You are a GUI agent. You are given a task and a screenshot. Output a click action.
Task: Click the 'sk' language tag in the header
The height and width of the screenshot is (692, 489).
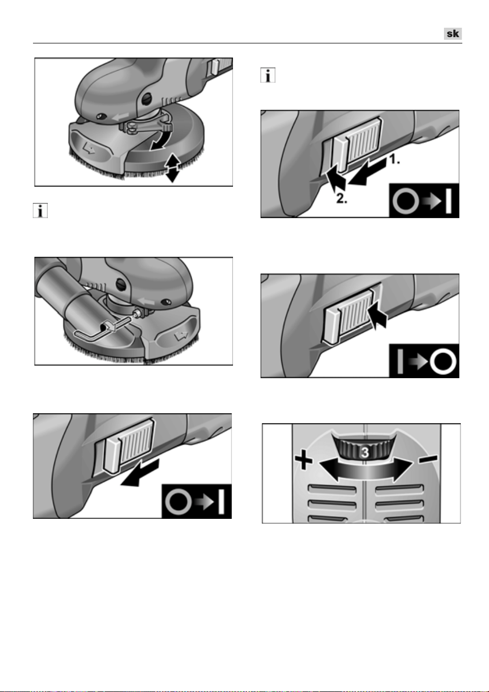pyautogui.click(x=453, y=33)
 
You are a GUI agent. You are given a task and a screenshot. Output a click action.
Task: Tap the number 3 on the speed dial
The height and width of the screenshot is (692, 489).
pyautogui.click(x=365, y=452)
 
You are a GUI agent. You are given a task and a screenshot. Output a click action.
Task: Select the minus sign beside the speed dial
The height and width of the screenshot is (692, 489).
pyautogui.click(x=428, y=459)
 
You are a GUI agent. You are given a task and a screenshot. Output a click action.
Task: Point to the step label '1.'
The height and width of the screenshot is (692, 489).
pyautogui.click(x=394, y=160)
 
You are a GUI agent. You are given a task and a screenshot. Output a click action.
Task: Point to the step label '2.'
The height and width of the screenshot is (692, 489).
pyautogui.click(x=342, y=199)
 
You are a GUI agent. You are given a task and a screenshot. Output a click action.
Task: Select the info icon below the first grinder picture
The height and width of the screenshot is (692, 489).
pyautogui.click(x=40, y=211)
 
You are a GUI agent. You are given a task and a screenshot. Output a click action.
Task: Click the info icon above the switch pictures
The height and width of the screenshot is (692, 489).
pyautogui.click(x=268, y=75)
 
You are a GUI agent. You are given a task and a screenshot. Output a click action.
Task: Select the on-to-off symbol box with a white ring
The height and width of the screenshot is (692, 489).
pyautogui.click(x=424, y=361)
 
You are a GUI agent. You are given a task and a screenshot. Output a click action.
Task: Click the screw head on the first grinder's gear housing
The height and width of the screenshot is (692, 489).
pyautogui.click(x=146, y=99)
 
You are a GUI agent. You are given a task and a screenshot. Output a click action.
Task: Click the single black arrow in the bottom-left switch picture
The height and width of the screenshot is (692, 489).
pyautogui.click(x=140, y=474)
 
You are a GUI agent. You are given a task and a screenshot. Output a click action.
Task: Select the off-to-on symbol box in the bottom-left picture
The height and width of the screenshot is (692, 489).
pyautogui.click(x=197, y=502)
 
